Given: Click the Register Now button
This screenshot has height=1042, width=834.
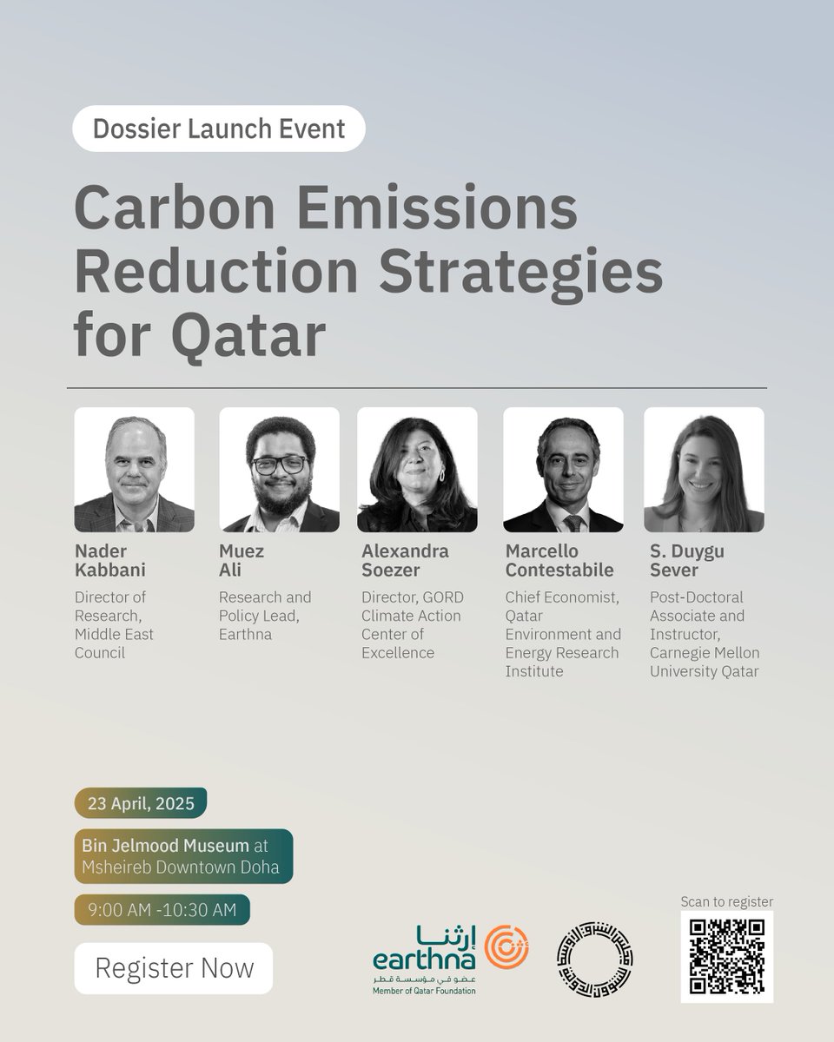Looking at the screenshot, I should point(173,968).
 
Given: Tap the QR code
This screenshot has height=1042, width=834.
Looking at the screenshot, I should point(726,957).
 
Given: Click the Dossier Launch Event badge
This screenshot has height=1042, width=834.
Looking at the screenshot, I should point(218,129).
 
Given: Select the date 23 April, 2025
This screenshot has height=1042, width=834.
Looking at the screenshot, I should point(140,803).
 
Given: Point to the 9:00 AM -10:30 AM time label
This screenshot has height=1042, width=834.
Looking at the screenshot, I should point(162,910).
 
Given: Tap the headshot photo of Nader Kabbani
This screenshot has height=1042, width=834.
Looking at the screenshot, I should point(134,470).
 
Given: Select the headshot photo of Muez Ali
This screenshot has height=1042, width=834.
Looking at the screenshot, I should point(279,470).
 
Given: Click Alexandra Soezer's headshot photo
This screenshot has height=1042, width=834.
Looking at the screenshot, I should point(417,470).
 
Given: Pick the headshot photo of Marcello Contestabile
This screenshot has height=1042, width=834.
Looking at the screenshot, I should point(563,470).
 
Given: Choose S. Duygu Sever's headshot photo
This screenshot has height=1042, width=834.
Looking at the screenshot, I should point(704,470).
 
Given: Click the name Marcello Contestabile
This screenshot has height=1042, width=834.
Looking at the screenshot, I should point(559,561).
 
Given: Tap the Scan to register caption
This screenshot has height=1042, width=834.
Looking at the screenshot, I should point(727,901).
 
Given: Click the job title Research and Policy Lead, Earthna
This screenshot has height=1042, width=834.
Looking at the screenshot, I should point(264,616).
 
